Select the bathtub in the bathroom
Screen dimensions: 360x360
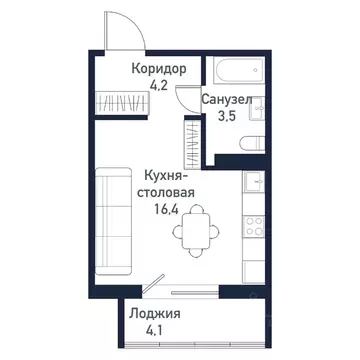point(237,74)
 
